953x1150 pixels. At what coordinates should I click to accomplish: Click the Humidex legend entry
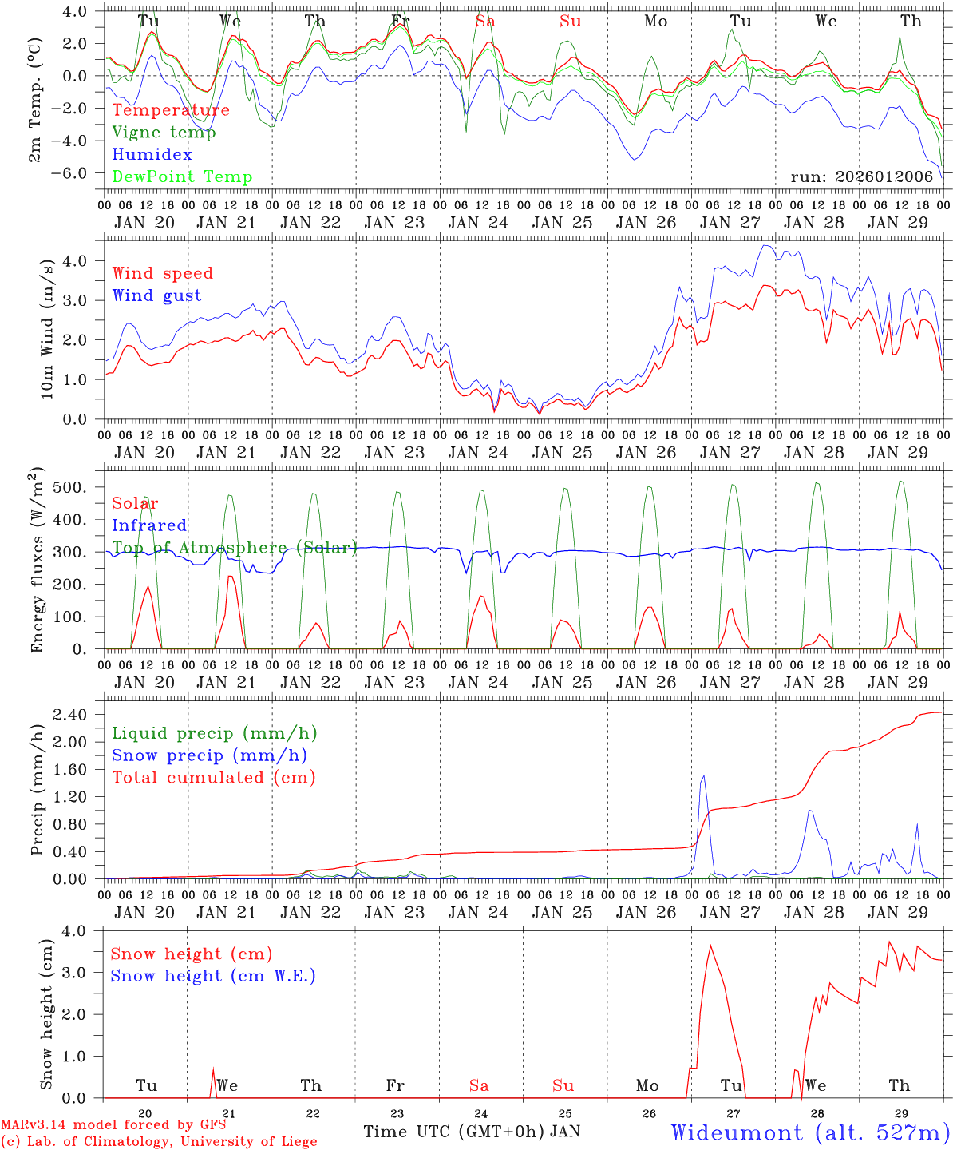(152, 155)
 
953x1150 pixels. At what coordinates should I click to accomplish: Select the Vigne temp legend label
(164, 133)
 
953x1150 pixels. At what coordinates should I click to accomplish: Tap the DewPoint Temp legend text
(182, 177)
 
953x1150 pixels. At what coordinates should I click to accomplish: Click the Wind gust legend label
(156, 295)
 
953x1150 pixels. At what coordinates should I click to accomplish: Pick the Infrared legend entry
(149, 525)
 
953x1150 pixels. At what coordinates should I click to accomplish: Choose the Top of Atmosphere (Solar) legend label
(234, 548)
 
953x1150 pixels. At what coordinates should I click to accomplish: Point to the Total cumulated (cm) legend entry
(213, 777)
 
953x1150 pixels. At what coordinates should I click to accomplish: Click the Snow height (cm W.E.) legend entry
(212, 976)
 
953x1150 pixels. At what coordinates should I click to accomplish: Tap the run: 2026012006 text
(861, 177)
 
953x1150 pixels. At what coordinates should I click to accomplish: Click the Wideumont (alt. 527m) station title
(810, 1132)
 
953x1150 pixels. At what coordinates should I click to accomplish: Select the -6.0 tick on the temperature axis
(77, 173)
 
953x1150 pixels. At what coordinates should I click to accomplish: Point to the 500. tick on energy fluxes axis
(77, 487)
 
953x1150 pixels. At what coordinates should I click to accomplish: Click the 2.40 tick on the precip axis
(77, 715)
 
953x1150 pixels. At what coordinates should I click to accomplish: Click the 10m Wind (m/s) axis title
(46, 328)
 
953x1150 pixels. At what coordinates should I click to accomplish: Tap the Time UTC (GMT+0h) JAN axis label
(471, 1132)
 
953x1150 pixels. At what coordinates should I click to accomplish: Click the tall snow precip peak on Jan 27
(703, 775)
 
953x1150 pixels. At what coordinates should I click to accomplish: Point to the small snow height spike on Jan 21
(213, 1072)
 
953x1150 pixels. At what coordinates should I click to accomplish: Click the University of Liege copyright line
(159, 1142)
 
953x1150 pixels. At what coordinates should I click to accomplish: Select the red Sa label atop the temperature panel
(485, 22)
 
